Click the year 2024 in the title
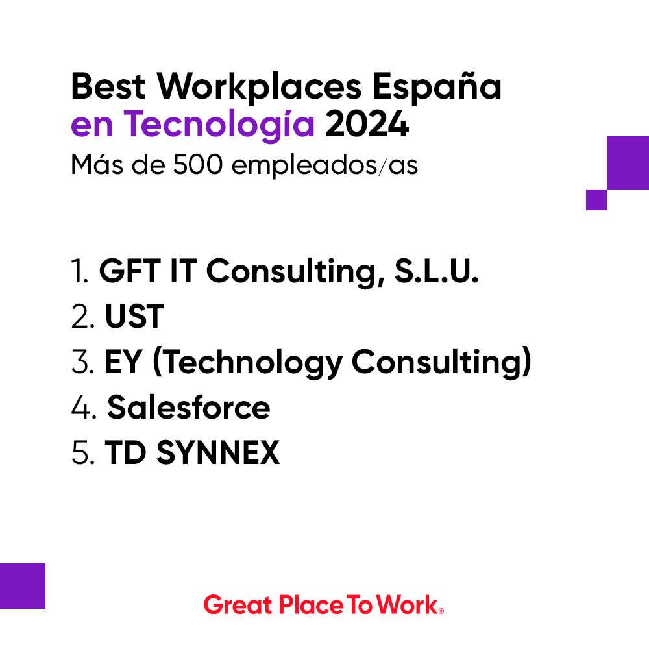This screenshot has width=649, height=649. [367, 125]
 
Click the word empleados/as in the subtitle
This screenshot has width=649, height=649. [324, 165]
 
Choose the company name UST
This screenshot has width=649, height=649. [134, 318]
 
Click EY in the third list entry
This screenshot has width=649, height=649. [123, 363]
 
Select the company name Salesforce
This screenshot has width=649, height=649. [188, 408]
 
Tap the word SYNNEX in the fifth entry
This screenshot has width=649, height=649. [219, 452]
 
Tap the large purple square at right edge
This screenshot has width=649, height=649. [628, 162]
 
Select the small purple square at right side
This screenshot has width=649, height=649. [596, 200]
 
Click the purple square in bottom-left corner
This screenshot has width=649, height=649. [23, 585]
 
